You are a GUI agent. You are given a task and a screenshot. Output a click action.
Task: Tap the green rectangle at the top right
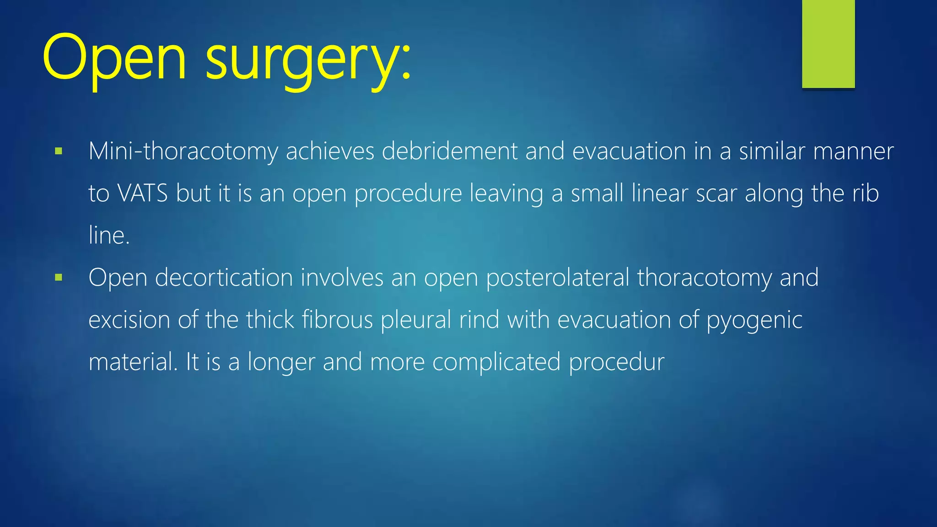tap(828, 44)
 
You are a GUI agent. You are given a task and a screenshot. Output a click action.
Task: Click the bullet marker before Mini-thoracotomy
tap(58, 151)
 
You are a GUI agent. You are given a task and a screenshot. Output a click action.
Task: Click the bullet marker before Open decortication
tap(58, 277)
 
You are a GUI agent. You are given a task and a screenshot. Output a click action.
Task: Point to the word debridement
tap(449, 151)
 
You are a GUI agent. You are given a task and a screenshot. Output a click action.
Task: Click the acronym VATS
tap(143, 193)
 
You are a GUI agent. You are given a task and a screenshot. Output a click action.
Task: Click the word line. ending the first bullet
tap(109, 235)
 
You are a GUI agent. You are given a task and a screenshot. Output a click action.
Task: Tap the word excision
tap(129, 319)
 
